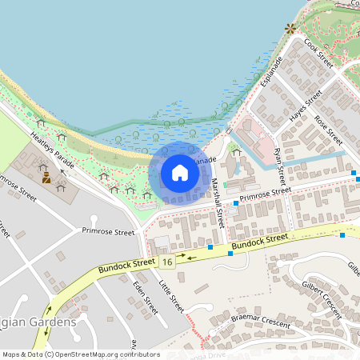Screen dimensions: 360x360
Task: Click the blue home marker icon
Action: coord(180,173)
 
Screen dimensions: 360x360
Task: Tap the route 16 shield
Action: coord(166,262)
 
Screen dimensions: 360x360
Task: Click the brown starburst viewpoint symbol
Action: coord(290,28)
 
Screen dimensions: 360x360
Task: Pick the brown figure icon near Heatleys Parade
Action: coord(47,178)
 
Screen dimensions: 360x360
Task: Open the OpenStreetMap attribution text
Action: coord(80,354)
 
